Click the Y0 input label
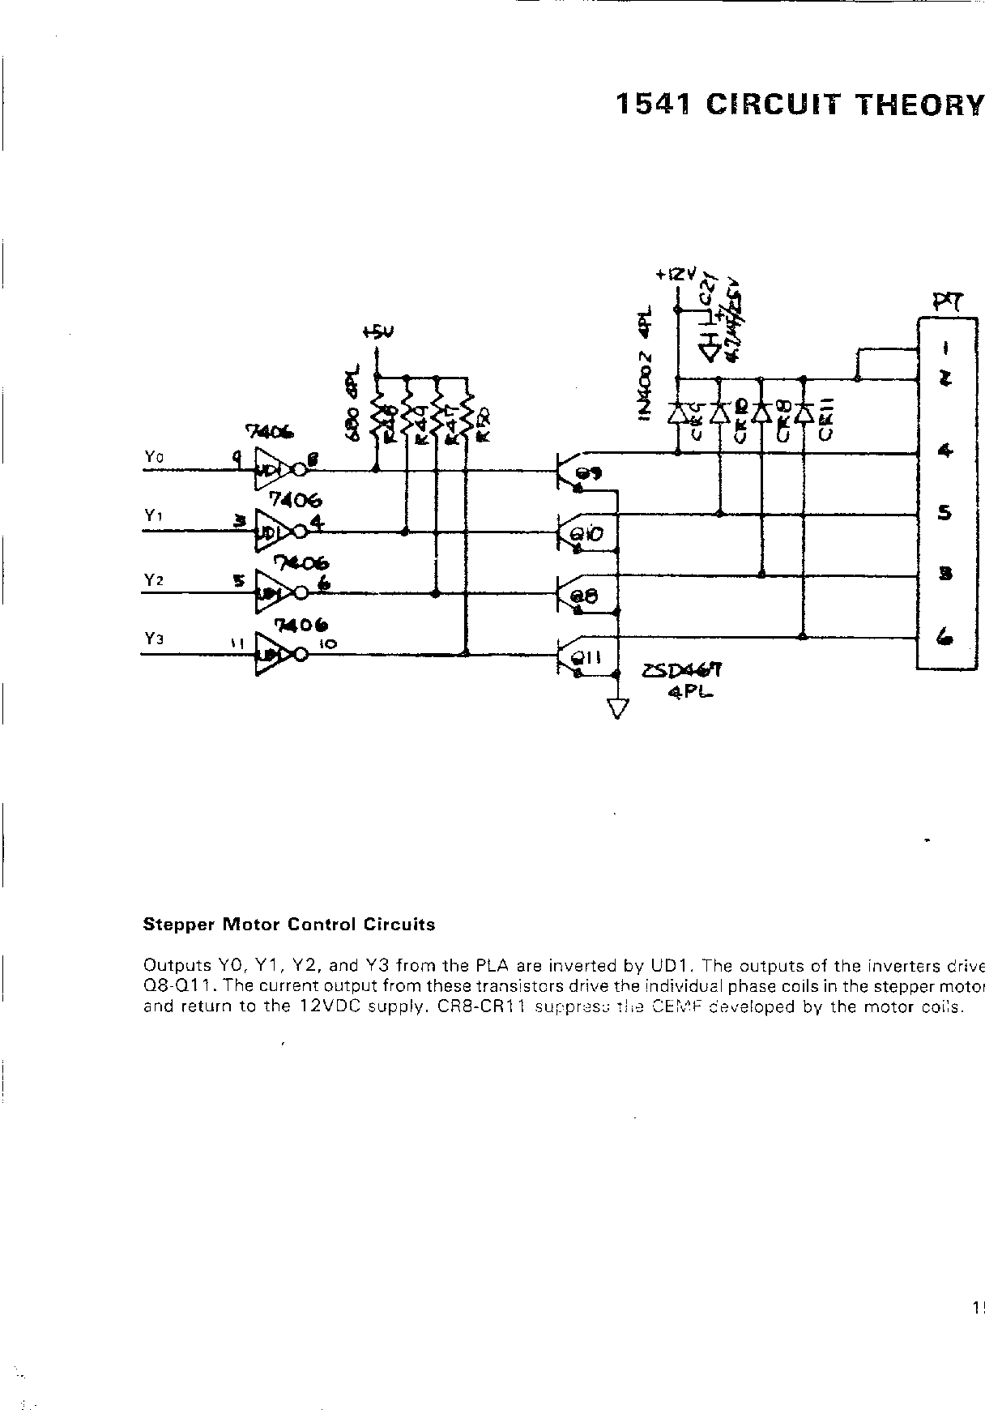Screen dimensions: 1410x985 click(154, 458)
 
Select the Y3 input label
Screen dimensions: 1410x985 click(154, 639)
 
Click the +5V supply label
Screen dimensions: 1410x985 click(377, 332)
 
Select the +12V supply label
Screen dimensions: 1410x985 click(676, 275)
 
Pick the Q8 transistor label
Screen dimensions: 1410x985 click(585, 596)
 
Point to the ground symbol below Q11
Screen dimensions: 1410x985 click(617, 709)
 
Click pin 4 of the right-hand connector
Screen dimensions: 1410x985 click(944, 451)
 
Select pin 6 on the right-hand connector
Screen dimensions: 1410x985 click(944, 638)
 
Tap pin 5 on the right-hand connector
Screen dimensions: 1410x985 click(944, 513)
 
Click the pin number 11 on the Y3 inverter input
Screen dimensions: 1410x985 click(237, 643)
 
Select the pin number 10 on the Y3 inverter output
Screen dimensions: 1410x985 click(329, 644)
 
